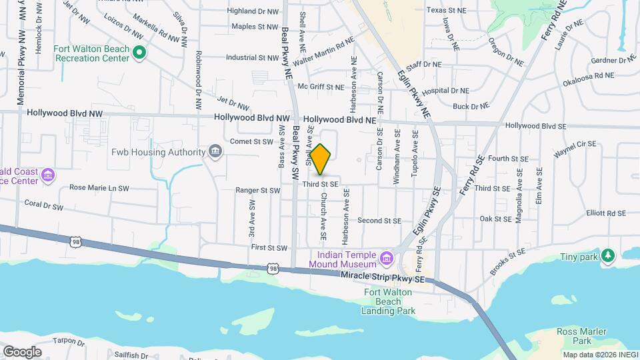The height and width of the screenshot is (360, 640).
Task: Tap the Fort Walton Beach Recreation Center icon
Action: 139,52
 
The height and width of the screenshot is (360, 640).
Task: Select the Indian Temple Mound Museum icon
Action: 386,258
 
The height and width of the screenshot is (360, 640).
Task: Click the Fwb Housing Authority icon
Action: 215,152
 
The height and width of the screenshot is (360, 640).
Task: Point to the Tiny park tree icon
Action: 607,256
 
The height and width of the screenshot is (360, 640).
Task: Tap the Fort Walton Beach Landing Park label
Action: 389,301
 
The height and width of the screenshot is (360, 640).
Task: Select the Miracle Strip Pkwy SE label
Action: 382,276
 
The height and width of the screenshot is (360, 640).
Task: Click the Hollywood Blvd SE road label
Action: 536,125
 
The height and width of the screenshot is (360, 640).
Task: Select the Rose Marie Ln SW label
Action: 99,187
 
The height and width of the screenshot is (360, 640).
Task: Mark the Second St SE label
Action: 379,221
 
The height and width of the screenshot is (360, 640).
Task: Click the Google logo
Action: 22,351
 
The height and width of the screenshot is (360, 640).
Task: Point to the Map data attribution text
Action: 600,355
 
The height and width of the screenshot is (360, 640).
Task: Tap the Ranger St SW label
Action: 258,190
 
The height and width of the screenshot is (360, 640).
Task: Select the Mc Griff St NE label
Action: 321,87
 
